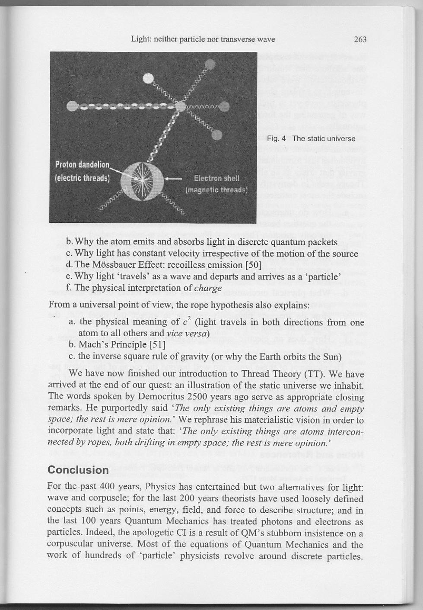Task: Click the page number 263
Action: click(x=360, y=40)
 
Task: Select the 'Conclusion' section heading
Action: click(x=78, y=470)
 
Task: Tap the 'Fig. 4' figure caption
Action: click(x=311, y=139)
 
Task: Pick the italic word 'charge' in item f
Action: click(x=208, y=288)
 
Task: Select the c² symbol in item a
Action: click(x=187, y=322)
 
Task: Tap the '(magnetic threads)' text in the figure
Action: click(x=216, y=190)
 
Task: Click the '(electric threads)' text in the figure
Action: click(x=83, y=178)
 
